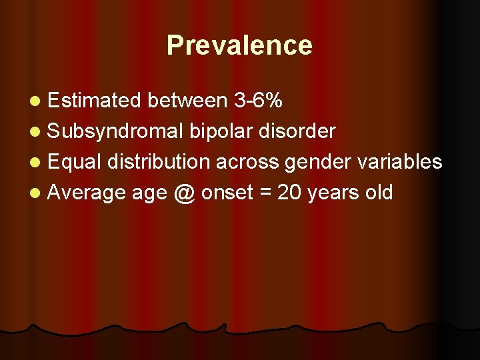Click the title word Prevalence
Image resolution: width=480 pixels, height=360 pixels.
coord(239,45)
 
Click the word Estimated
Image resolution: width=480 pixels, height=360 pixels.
coord(94,101)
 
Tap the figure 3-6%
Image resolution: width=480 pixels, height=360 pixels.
coord(258,101)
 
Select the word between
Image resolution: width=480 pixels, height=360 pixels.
coord(187,101)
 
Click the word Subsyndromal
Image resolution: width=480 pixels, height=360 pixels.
coord(115,131)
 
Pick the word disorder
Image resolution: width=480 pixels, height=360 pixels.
coord(295,131)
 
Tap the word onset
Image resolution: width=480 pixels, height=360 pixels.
coord(227,193)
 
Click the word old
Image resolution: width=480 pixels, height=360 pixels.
coord(378,193)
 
